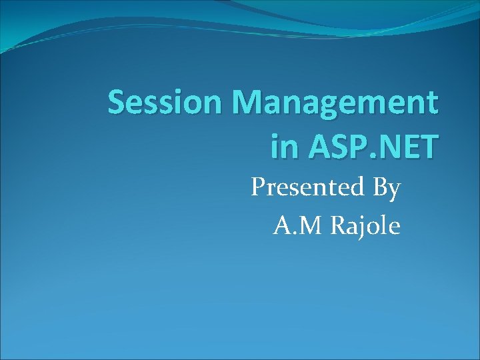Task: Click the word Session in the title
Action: click(166, 103)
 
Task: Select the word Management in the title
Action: click(335, 103)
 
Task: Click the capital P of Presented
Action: click(258, 188)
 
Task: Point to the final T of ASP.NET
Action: click(428, 146)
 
